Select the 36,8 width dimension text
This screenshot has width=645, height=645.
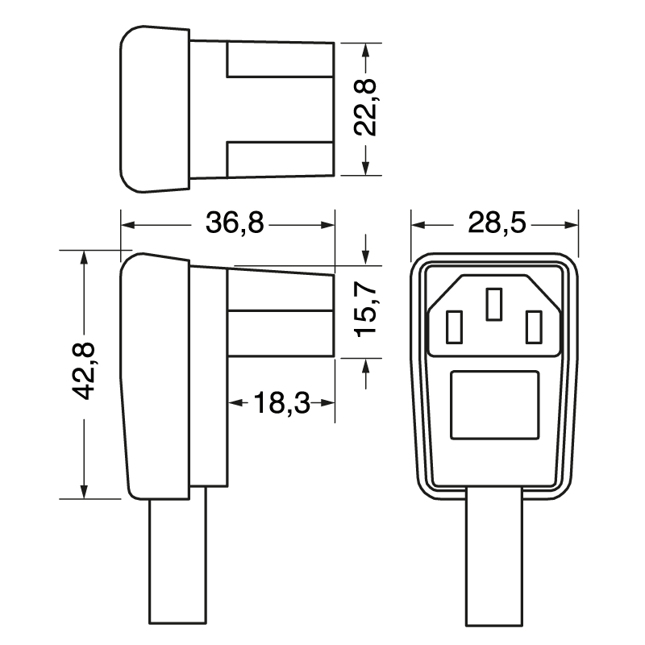click(234, 223)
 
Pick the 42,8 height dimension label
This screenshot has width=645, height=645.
click(84, 371)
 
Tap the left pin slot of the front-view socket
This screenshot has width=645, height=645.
click(451, 328)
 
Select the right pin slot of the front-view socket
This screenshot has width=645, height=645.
click(532, 328)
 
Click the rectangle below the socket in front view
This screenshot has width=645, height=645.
click(494, 405)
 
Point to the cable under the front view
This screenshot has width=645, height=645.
click(494, 564)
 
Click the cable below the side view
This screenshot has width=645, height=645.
click(178, 564)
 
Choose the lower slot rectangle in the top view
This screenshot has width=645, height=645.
click(280, 158)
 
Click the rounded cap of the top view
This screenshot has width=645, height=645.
click(153, 109)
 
